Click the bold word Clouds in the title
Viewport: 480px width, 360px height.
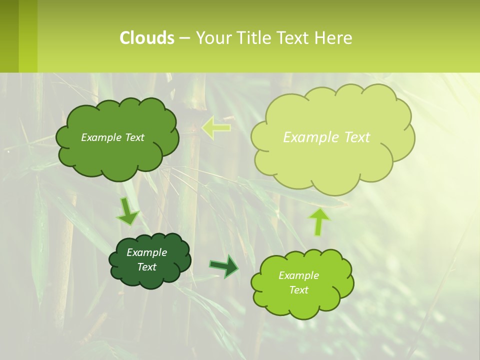pyautogui.click(x=147, y=38)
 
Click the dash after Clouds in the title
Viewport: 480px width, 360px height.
pyautogui.click(x=184, y=38)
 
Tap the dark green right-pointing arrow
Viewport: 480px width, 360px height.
pyautogui.click(x=224, y=266)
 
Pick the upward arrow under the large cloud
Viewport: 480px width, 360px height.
pyautogui.click(x=319, y=222)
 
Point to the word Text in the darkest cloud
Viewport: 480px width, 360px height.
pyautogui.click(x=147, y=267)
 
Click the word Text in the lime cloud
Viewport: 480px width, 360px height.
pyautogui.click(x=298, y=290)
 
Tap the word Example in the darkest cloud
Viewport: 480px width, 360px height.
pyautogui.click(x=146, y=252)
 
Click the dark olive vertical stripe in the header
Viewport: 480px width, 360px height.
pyautogui.click(x=9, y=36)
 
